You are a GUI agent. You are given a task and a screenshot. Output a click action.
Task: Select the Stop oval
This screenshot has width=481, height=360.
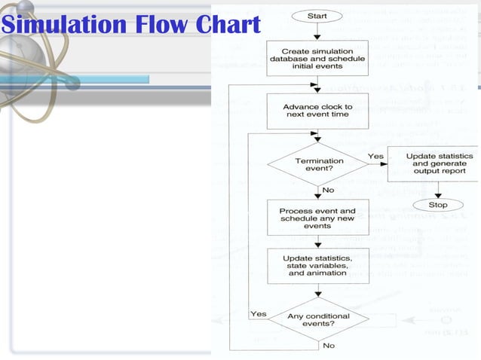click(438, 205)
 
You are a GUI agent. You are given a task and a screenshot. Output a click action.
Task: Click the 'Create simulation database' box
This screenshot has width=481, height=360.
click(318, 57)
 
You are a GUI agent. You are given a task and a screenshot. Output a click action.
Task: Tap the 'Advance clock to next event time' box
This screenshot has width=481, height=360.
click(318, 111)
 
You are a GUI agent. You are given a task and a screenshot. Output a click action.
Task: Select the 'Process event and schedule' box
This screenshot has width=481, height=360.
click(317, 218)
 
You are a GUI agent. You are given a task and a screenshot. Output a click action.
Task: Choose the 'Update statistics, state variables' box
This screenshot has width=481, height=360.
click(317, 266)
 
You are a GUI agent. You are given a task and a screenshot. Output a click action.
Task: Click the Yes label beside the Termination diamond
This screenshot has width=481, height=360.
click(375, 157)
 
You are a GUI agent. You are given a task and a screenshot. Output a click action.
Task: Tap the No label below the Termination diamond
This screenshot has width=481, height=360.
click(329, 191)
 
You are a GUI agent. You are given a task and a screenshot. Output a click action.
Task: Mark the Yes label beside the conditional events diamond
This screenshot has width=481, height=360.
click(258, 313)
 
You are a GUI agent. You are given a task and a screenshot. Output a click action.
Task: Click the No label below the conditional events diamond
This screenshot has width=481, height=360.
click(329, 346)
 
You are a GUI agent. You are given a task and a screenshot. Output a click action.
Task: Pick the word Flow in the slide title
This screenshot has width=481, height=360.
click(151, 25)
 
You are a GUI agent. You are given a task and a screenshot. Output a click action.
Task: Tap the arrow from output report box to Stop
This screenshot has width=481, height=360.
click(438, 191)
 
